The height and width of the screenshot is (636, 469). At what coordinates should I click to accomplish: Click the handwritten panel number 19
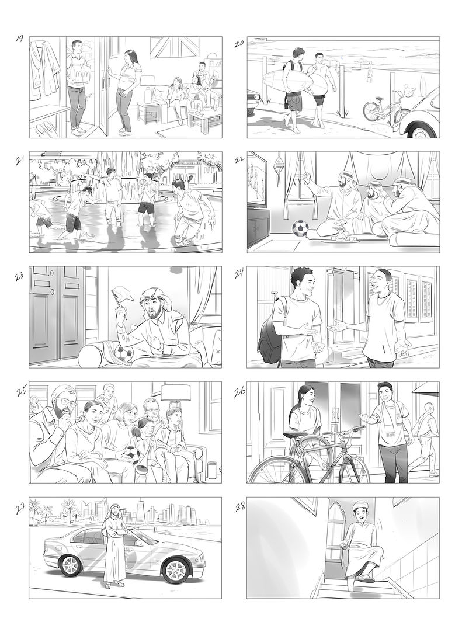(x=19, y=39)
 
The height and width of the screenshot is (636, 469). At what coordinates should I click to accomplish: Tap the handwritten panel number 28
(x=239, y=508)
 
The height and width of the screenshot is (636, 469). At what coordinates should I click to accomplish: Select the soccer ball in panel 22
(x=300, y=228)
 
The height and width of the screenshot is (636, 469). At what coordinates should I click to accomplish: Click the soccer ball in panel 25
(x=132, y=454)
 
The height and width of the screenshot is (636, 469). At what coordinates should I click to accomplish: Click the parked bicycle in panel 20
(x=381, y=109)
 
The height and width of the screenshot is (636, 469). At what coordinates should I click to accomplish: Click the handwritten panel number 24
(x=239, y=274)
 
